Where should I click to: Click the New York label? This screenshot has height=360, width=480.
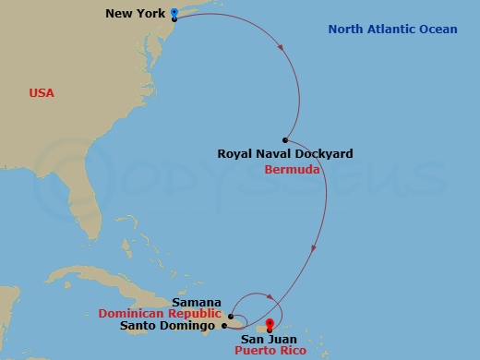click(x=136, y=14)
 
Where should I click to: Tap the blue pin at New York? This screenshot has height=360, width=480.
click(x=174, y=13)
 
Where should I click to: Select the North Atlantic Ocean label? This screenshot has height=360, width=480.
click(x=392, y=30)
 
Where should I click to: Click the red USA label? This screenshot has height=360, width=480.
click(x=42, y=93)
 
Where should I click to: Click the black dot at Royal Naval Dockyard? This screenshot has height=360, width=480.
click(x=287, y=139)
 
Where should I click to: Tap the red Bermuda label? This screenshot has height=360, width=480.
click(x=292, y=170)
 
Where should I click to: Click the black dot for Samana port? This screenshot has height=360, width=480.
click(x=230, y=316)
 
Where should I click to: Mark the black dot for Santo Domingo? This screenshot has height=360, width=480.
click(x=224, y=326)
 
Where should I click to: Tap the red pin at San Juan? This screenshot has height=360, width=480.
click(x=269, y=322)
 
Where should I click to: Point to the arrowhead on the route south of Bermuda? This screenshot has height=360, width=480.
click(x=315, y=247)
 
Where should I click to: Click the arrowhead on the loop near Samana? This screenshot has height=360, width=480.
click(x=271, y=297)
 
